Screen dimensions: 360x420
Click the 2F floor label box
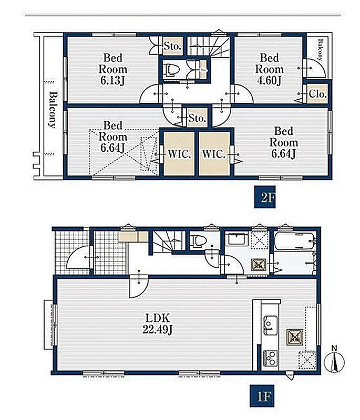coord(264,197)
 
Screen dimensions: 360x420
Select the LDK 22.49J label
coord(158,324)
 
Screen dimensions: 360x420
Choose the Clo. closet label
coord(317,94)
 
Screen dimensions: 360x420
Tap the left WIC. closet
coord(179,154)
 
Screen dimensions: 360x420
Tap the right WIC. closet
coord(214,154)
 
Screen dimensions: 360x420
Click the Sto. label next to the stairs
coord(172,46)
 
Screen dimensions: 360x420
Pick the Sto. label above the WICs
coord(197,118)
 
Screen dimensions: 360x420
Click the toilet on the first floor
coord(198,240)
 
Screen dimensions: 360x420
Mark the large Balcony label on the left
coord(53,110)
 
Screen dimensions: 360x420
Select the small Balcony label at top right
coord(320,50)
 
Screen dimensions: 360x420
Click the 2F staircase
coord(209,46)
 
